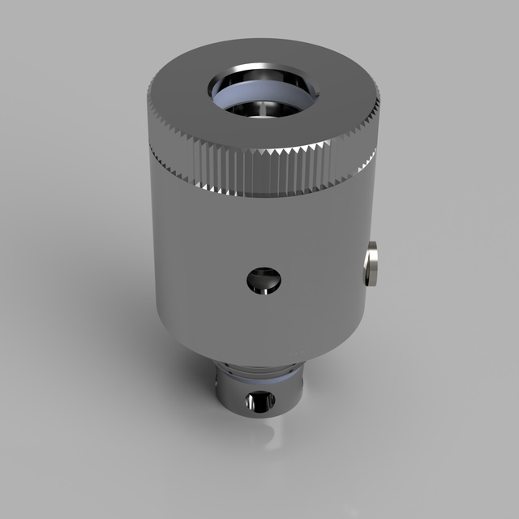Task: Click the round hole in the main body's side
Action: pos(264,281)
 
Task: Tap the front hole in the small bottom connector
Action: pos(260,401)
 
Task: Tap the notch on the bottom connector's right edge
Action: pos(302,378)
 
